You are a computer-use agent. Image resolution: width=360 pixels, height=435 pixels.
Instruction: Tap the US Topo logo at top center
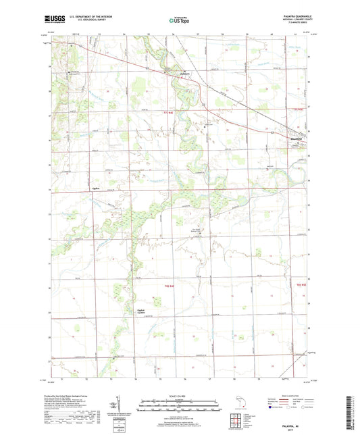click(179, 20)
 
